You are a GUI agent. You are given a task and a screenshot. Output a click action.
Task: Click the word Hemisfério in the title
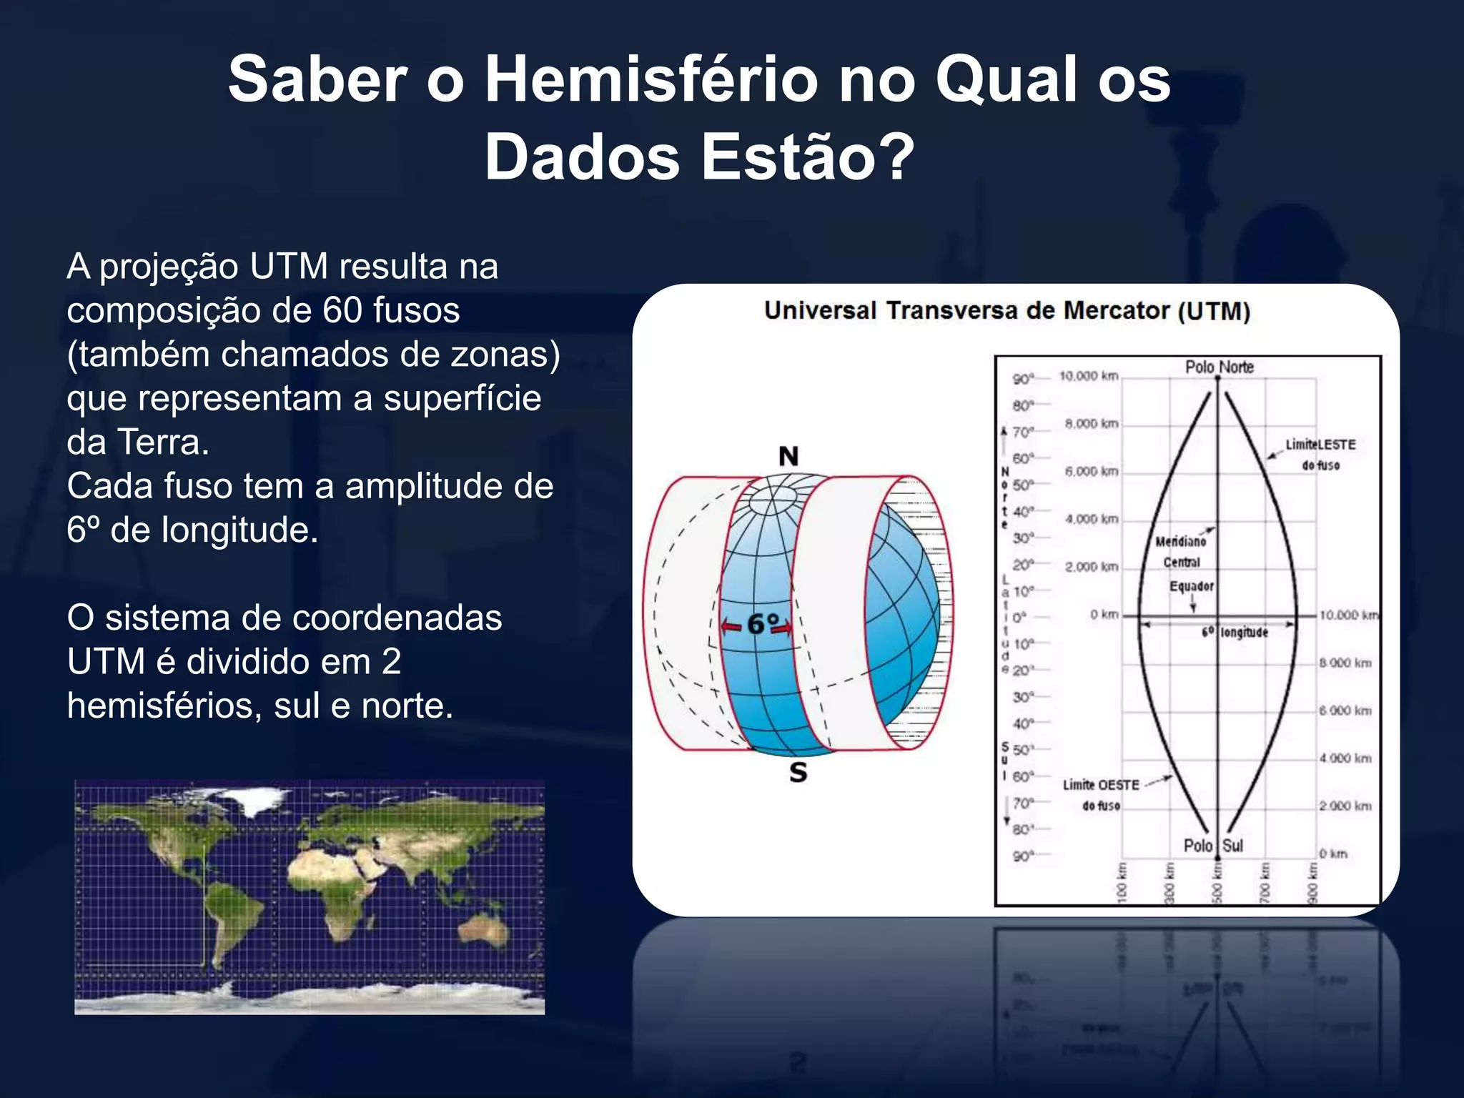point(651,80)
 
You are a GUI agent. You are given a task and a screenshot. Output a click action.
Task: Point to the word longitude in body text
point(239,530)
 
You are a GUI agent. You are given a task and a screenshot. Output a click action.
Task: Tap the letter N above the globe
point(788,456)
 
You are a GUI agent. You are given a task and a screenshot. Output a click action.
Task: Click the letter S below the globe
point(798,773)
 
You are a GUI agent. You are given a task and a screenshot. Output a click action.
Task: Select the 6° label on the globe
point(762,625)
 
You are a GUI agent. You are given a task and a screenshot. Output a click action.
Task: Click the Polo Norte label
point(1219,367)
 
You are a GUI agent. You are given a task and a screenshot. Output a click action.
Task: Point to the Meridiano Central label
point(1181,552)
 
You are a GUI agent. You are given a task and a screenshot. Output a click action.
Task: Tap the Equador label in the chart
point(1191,587)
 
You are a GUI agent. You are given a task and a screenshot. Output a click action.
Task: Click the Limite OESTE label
point(1101,786)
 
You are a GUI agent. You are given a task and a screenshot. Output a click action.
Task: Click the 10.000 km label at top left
point(1088,376)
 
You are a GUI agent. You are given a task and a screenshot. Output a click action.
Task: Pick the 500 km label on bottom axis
point(1217,882)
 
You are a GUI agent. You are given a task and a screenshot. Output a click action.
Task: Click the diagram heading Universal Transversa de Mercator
point(1006,312)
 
